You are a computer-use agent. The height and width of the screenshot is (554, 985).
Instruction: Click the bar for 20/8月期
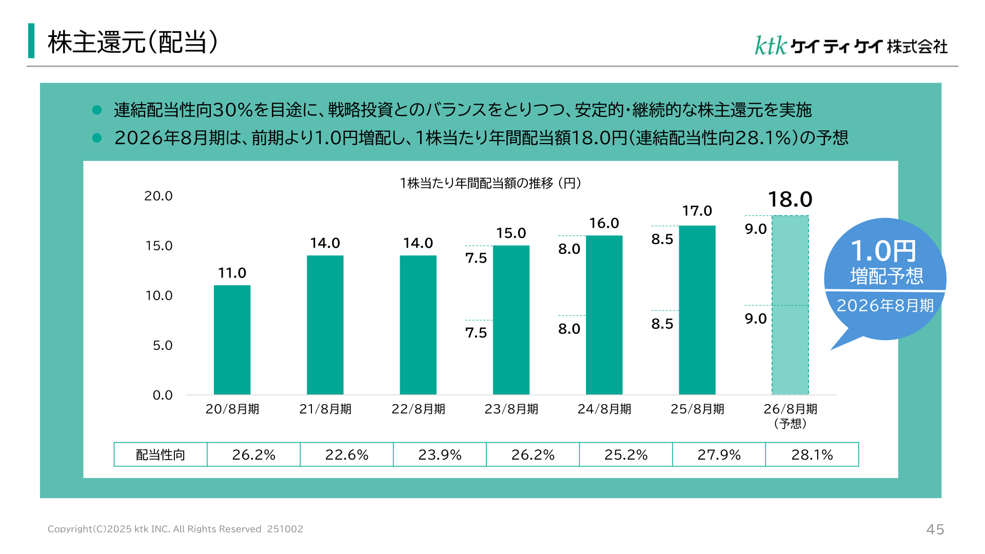coord(232,340)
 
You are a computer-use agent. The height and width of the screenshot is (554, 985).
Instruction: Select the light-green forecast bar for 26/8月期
coord(790,305)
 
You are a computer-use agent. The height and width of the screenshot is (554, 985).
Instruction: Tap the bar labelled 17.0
coord(697,310)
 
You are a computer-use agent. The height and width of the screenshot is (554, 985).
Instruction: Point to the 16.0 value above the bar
coord(604,223)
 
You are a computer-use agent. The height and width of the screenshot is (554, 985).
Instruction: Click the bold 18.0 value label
coord(790,199)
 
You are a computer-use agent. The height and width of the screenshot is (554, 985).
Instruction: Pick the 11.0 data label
coord(232,273)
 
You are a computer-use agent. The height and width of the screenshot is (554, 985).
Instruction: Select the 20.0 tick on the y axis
coord(159,196)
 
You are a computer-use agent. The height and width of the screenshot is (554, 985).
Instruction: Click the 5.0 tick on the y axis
coord(163,345)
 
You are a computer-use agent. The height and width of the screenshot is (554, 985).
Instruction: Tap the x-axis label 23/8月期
coord(511,409)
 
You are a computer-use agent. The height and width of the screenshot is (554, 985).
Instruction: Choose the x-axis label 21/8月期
coord(325,409)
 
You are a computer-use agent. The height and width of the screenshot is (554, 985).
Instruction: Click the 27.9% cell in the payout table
coord(719,454)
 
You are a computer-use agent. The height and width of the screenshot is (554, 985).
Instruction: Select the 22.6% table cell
coord(347,454)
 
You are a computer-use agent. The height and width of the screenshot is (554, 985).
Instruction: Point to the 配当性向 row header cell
coord(161,454)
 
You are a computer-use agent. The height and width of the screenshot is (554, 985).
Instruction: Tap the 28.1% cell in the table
coord(812,454)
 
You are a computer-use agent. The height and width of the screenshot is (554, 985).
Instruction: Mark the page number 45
coord(935,529)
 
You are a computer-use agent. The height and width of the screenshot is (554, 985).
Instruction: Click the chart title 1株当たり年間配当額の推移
coord(477,183)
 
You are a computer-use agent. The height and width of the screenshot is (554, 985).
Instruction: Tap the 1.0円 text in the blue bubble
coord(883,251)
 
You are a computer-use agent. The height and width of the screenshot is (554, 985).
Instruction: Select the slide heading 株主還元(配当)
coord(133,42)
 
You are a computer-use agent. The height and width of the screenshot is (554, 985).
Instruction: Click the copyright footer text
coord(175,529)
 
